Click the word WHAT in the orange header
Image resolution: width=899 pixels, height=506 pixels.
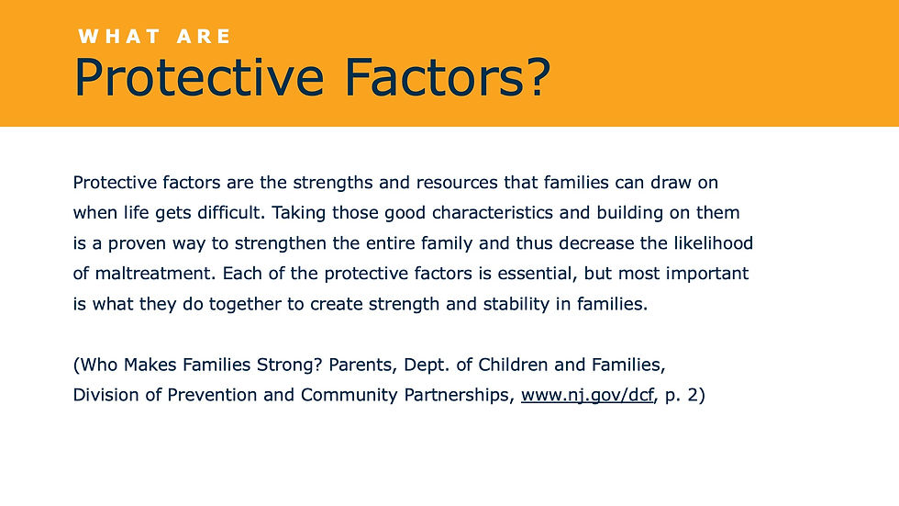[x=119, y=37]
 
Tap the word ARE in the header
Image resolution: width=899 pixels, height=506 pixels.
[x=204, y=37]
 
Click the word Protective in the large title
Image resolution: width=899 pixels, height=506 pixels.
[x=199, y=78]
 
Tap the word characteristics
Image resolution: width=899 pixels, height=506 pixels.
[x=493, y=213]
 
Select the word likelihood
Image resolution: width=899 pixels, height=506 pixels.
[x=714, y=243]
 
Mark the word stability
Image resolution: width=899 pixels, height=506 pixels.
[x=516, y=304]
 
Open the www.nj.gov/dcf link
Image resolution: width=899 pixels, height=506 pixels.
[x=587, y=395]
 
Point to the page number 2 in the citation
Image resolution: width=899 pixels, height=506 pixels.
[x=692, y=395]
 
